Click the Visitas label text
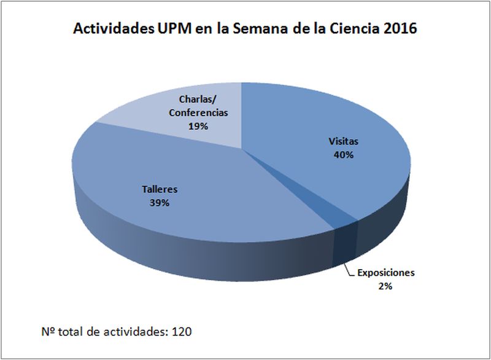pos(342,141)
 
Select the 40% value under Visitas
pos(342,155)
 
